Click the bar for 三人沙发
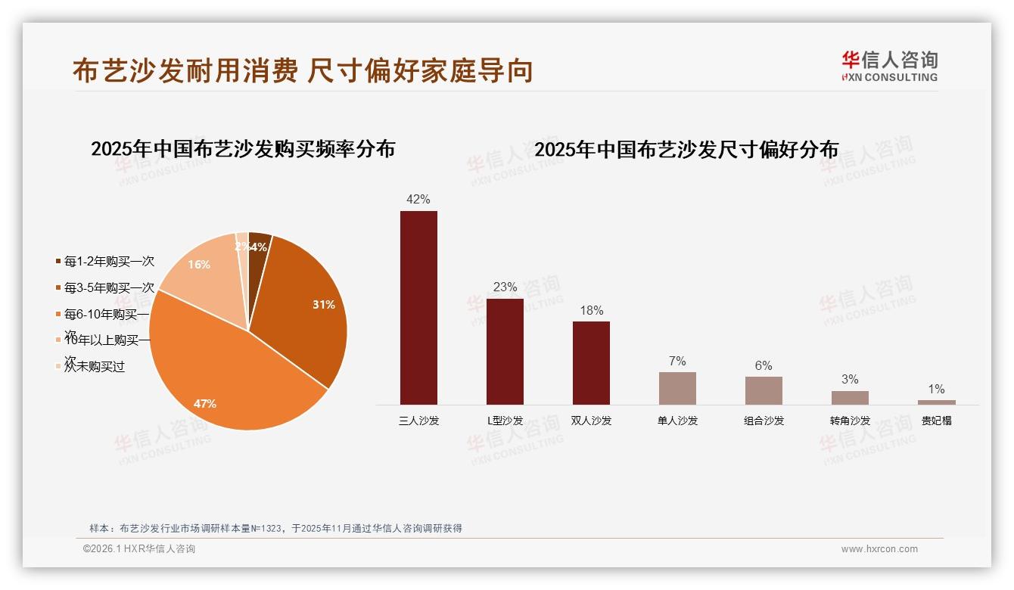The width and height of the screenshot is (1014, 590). click(x=418, y=307)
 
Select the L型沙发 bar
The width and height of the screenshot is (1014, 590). click(x=505, y=351)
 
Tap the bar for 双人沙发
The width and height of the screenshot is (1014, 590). click(x=591, y=362)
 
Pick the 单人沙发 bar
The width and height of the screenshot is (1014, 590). click(x=677, y=388)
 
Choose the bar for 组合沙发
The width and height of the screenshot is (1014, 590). click(x=764, y=390)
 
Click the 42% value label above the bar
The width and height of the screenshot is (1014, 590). click(x=418, y=200)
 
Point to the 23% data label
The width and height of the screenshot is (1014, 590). click(x=505, y=287)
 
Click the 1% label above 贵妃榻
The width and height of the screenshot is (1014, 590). click(x=936, y=389)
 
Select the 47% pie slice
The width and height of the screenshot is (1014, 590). click(x=227, y=378)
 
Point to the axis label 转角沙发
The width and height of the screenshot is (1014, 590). click(x=850, y=421)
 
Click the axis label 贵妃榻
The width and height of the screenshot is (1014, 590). click(x=936, y=421)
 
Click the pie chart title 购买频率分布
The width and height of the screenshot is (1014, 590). click(x=243, y=149)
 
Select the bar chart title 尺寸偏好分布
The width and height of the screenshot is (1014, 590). click(x=686, y=150)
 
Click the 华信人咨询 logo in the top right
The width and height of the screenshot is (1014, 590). click(x=889, y=66)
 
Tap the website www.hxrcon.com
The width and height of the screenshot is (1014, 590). click(x=879, y=549)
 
